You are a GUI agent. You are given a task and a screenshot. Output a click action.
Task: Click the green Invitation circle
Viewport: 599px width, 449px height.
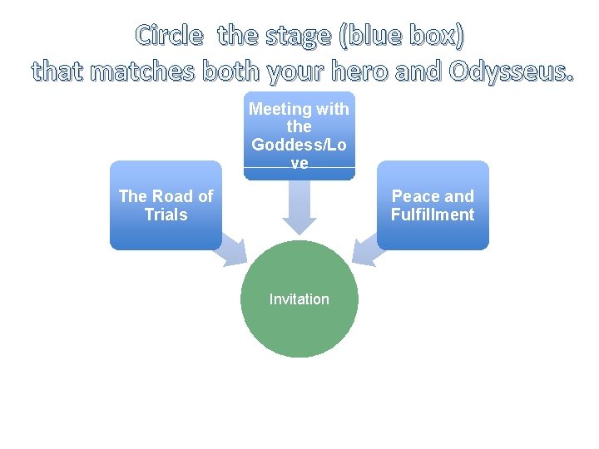tap(299, 324)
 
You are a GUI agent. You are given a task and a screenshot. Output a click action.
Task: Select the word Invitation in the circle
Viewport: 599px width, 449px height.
tap(299, 299)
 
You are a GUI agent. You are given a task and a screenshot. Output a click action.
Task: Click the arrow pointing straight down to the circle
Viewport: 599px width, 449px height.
tap(299, 208)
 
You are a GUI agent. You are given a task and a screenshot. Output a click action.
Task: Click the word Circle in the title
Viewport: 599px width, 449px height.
tap(169, 35)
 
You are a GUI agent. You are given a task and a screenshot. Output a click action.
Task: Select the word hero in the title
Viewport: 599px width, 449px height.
tap(356, 72)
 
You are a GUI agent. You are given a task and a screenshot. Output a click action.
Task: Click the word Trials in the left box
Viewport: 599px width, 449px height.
tap(166, 215)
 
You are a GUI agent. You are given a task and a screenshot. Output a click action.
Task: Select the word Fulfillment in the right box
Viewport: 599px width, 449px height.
tap(433, 215)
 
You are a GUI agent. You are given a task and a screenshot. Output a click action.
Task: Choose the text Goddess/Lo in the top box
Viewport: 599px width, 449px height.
tap(299, 145)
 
